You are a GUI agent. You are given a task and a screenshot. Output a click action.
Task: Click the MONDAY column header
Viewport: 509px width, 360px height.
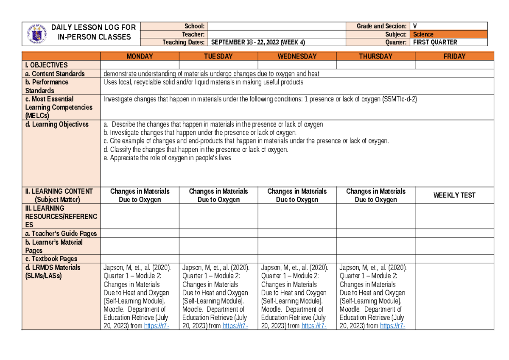[x=140, y=56]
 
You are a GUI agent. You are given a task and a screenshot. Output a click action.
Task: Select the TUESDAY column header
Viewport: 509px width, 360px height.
[x=218, y=56]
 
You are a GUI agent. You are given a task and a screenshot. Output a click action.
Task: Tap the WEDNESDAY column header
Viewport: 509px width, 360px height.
[x=297, y=56]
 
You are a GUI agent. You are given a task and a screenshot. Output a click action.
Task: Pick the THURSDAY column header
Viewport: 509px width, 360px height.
[x=375, y=56]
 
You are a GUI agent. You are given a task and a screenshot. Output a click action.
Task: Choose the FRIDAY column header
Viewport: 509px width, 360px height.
[x=454, y=56]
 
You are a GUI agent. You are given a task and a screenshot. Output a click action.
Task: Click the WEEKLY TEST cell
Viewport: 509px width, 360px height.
[x=454, y=195]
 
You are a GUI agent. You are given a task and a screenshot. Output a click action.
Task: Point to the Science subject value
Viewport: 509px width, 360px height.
[x=424, y=34]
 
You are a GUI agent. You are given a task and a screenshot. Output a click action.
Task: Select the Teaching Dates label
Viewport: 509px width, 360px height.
[x=184, y=42]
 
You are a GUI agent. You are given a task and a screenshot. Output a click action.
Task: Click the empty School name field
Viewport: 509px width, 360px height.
[x=276, y=26]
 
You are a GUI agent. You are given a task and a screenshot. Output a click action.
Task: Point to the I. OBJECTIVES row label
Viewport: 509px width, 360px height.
[x=47, y=65]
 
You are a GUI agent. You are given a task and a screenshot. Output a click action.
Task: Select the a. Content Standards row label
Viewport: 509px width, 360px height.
[x=55, y=73]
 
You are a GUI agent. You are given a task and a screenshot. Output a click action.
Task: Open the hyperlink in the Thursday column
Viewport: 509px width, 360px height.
[x=393, y=326]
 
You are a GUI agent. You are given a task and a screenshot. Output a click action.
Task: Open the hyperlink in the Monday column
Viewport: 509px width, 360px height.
[x=157, y=326]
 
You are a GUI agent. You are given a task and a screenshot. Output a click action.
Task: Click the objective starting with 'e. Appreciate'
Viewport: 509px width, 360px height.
[x=167, y=158]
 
